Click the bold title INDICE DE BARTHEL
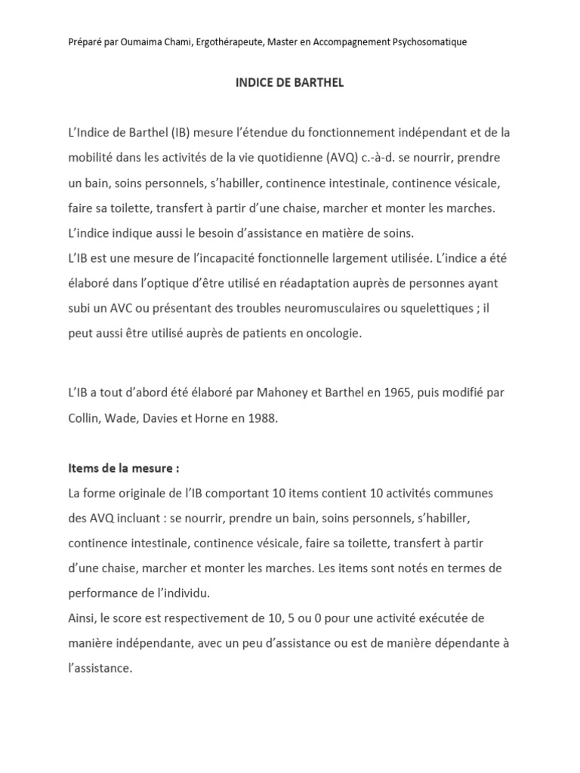[289, 83]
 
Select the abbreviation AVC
[121, 307]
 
